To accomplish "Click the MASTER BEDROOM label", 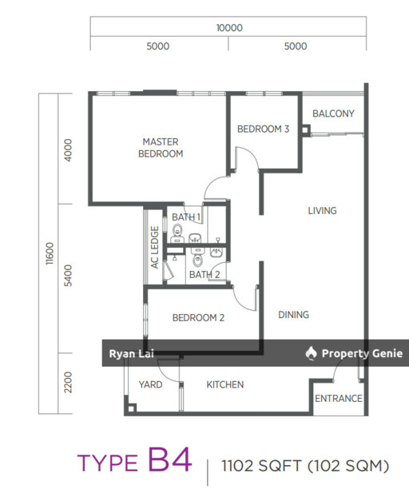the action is [x=161, y=148].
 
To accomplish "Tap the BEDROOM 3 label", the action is [x=263, y=129].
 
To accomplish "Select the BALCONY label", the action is [x=333, y=113].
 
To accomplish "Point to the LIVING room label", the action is [x=323, y=211].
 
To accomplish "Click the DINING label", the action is [x=293, y=315].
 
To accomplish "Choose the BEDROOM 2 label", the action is [x=198, y=318].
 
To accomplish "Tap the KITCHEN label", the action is [x=225, y=384].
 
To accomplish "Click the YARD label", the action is [x=150, y=384].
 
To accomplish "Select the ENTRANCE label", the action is [x=339, y=399].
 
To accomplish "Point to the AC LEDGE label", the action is [x=155, y=248].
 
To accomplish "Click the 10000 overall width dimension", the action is [x=229, y=28].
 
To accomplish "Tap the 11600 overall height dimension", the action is [x=50, y=254].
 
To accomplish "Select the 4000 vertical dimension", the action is [x=68, y=150].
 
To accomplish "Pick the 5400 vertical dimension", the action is [x=68, y=276].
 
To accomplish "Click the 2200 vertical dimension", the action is [x=68, y=383].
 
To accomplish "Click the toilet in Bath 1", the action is [x=177, y=231].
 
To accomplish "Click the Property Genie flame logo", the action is [x=311, y=353].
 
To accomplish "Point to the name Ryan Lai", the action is [x=131, y=354].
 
